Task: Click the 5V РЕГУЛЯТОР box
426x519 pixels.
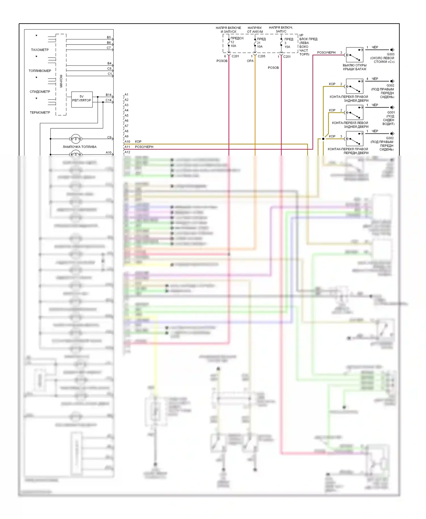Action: [82, 99]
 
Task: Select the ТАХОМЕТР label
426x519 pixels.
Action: [40, 50]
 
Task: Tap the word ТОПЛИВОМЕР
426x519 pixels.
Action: [40, 71]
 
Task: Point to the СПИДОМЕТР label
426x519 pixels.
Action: [40, 92]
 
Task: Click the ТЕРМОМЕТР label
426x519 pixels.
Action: [40, 112]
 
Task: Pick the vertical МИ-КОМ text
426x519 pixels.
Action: [61, 81]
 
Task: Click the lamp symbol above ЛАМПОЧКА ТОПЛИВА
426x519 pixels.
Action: [76, 139]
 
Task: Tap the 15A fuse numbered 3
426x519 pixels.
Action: [281, 43]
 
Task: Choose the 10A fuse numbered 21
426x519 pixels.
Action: [255, 43]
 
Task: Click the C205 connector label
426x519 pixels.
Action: [261, 56]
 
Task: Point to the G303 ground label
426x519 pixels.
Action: [390, 54]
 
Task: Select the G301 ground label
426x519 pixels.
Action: [391, 112]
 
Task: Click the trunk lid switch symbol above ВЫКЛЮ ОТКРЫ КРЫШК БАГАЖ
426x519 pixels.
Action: [355, 55]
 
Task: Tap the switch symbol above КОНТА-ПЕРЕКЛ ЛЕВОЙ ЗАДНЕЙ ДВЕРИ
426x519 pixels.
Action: [355, 112]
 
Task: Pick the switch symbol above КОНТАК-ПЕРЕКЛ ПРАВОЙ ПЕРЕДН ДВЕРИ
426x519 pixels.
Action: [355, 139]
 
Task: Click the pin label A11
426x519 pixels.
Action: [127, 147]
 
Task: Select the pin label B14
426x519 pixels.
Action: [108, 95]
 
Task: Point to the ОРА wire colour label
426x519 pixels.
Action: [250, 61]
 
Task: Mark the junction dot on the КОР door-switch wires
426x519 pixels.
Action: [323, 139]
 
